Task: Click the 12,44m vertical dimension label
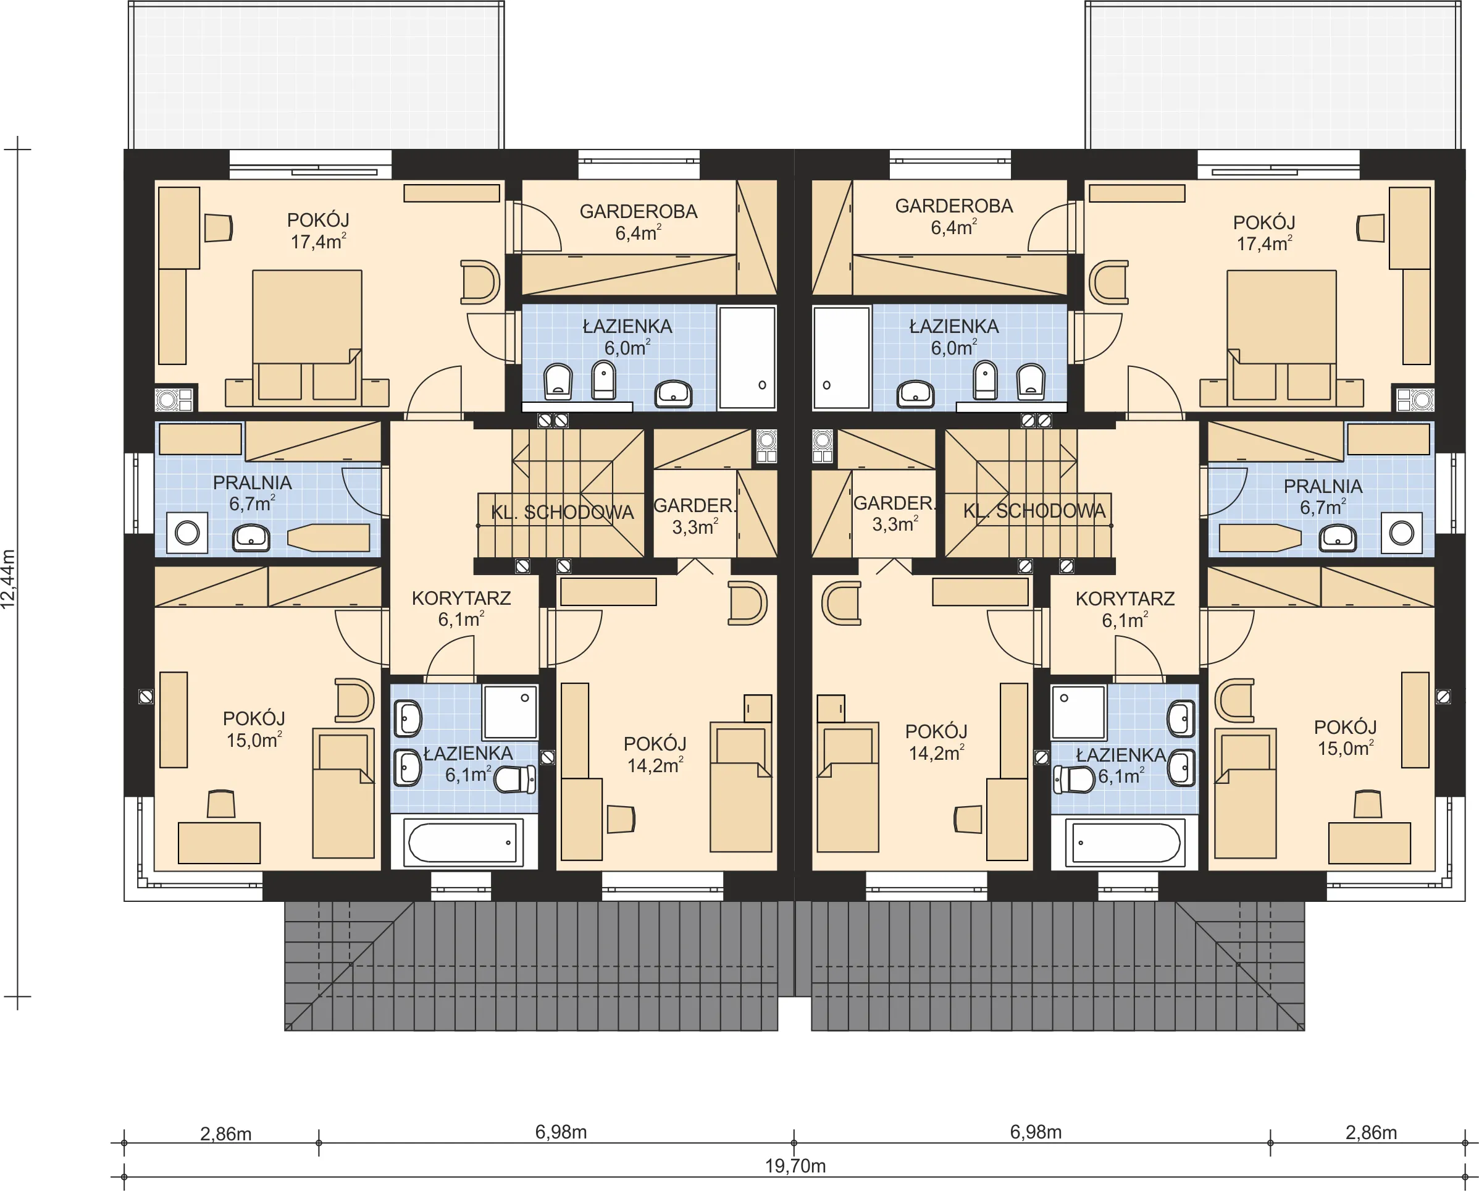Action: click(8, 578)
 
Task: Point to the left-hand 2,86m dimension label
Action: click(225, 1134)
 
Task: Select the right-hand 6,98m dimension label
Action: click(1036, 1132)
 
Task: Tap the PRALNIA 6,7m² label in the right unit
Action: click(1323, 497)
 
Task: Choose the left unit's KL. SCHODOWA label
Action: click(563, 513)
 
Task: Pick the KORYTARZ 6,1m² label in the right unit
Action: click(1125, 609)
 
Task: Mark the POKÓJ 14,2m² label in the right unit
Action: click(936, 743)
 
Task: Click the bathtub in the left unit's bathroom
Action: click(463, 842)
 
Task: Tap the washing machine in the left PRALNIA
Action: click(187, 532)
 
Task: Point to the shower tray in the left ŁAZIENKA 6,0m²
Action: click(747, 358)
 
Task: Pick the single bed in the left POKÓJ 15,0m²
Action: click(343, 793)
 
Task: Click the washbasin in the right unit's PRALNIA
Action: click(1338, 538)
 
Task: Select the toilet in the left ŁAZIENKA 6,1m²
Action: click(514, 780)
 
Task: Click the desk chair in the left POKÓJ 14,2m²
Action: click(621, 819)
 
